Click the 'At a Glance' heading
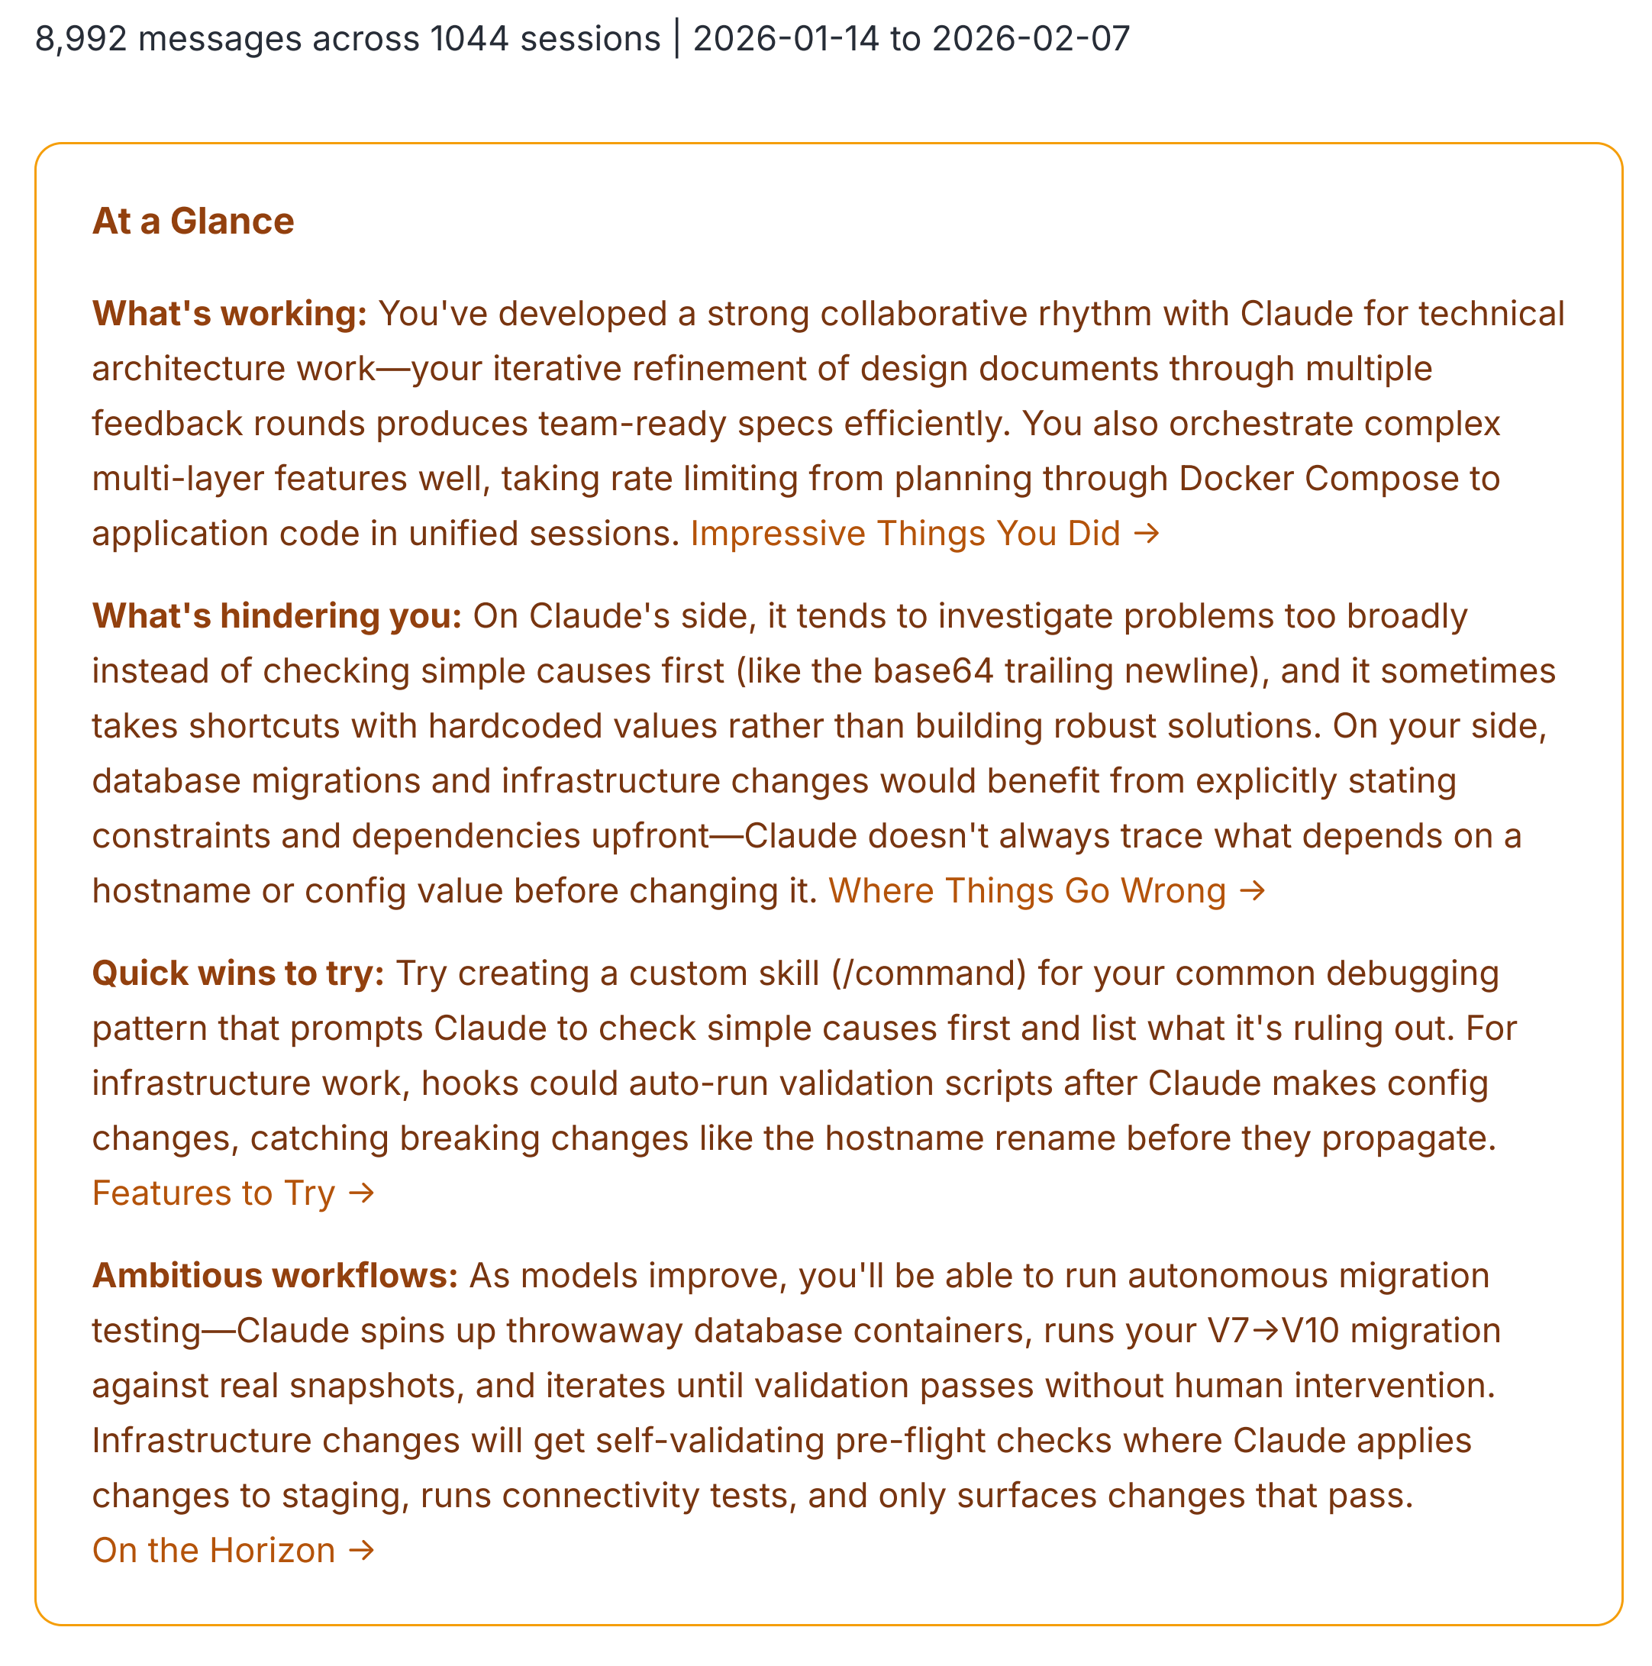coord(193,221)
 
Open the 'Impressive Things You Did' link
coord(925,534)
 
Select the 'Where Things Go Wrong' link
coord(1046,891)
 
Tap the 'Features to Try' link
coord(233,1193)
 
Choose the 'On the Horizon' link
coord(233,1551)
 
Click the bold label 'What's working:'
coord(229,314)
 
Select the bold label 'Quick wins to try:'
coord(238,973)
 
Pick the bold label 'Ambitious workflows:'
coord(275,1277)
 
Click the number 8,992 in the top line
coord(81,40)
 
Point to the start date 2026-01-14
coord(786,40)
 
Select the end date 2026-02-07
coord(1031,40)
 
